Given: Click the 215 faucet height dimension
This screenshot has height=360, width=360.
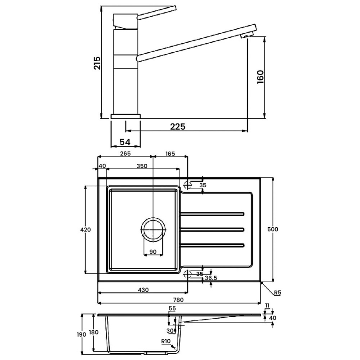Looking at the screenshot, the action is click(97, 63).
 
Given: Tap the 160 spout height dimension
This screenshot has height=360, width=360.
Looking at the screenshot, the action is click(261, 77).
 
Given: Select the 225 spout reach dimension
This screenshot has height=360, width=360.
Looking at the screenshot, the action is click(177, 126).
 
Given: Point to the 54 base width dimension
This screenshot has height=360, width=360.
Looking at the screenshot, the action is click(125, 142).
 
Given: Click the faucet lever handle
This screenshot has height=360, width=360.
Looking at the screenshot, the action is click(157, 13).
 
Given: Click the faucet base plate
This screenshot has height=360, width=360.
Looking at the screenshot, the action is click(126, 117).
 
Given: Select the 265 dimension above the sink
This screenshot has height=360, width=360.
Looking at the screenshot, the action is click(126, 153).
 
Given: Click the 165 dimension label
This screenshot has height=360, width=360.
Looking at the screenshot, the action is click(170, 153).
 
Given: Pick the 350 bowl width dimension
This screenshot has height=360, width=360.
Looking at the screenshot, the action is click(142, 166).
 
